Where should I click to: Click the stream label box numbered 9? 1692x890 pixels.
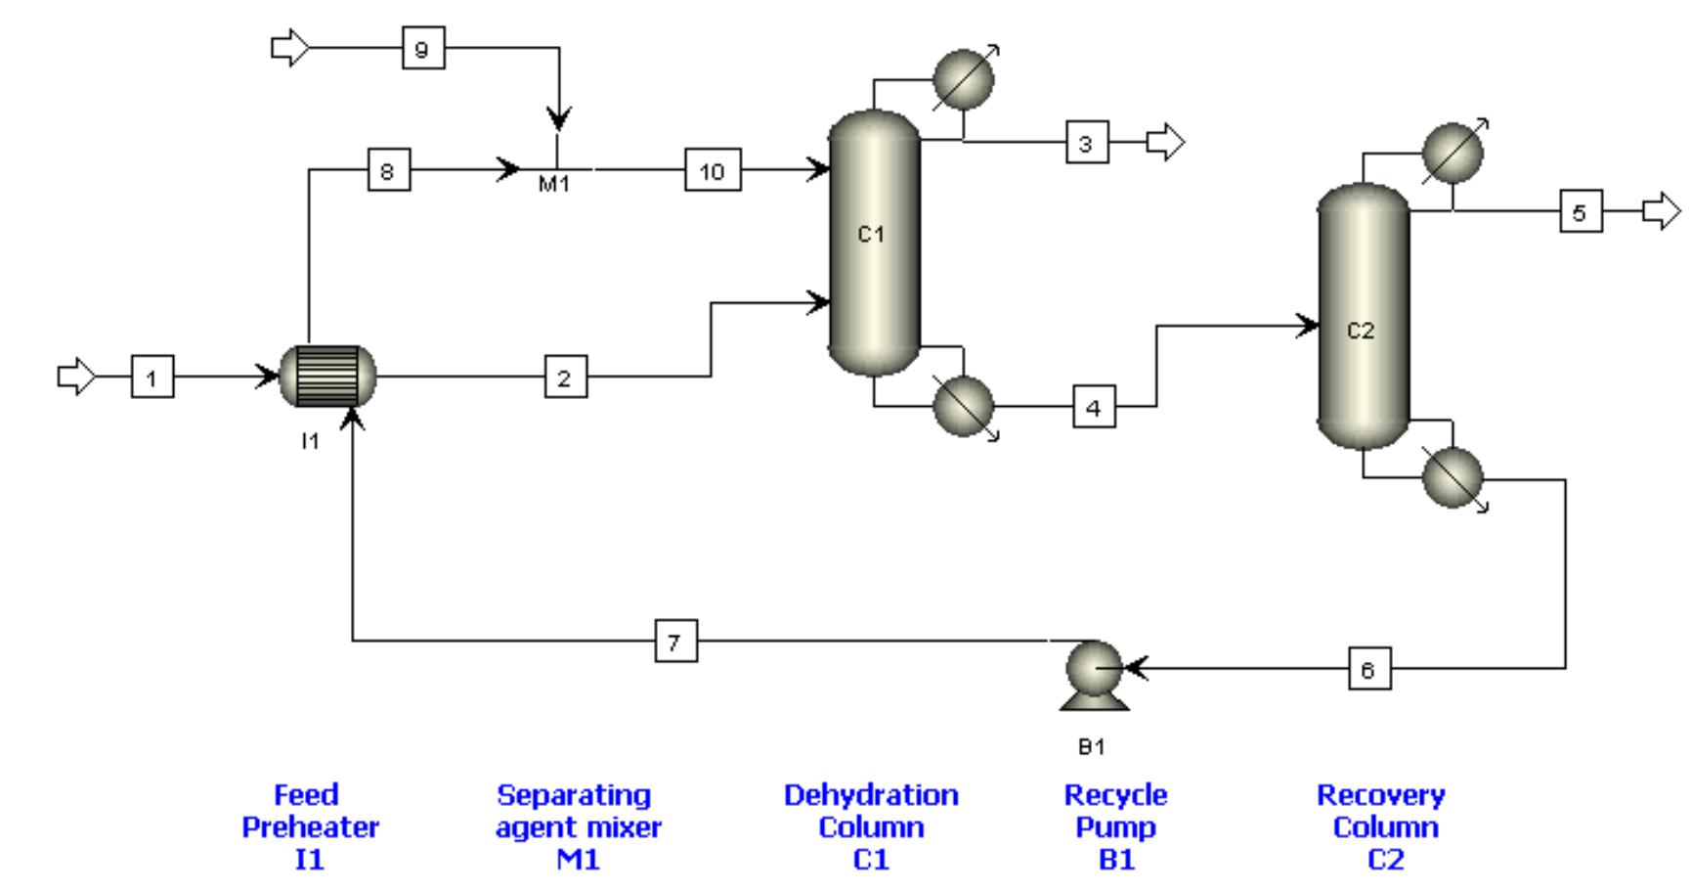(x=423, y=48)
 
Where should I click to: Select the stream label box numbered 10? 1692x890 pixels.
(x=713, y=170)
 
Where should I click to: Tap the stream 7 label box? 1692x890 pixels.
(x=675, y=642)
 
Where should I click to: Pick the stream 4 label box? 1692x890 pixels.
(x=1094, y=407)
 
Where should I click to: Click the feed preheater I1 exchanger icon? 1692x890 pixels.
(x=327, y=377)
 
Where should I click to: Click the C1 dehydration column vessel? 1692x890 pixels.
(x=874, y=243)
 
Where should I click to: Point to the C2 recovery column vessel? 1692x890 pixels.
(x=1364, y=315)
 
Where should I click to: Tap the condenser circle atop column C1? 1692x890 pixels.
(x=963, y=80)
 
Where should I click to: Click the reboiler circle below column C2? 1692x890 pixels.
(x=1453, y=477)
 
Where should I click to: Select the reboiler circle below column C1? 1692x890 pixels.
(x=964, y=406)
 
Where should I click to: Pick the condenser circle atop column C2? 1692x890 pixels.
(x=1453, y=153)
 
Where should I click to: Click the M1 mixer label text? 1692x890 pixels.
(x=554, y=184)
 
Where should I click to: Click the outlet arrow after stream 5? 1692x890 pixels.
(x=1661, y=211)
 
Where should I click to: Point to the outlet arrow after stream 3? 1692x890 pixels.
(x=1165, y=143)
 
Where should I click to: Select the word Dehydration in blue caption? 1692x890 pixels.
(x=871, y=795)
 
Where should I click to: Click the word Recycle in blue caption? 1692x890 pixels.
(x=1115, y=795)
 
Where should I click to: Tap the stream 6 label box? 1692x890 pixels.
(x=1368, y=669)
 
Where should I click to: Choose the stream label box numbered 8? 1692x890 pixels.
(x=388, y=171)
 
